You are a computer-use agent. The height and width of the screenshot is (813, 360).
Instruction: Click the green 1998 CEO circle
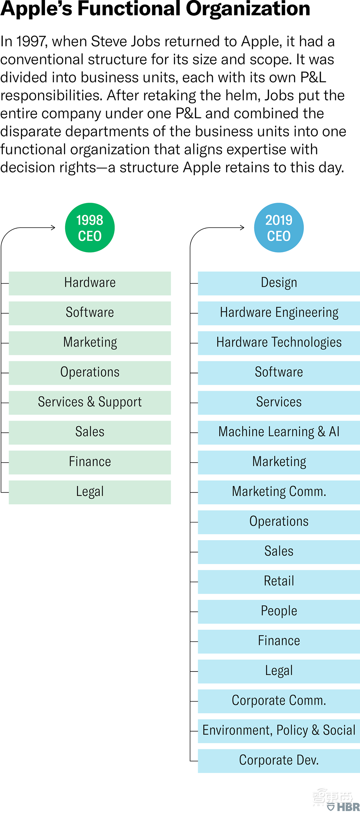click(x=90, y=228)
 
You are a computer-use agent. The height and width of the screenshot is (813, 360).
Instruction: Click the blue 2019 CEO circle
click(x=279, y=228)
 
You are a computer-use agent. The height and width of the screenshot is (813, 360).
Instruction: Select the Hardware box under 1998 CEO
click(x=90, y=283)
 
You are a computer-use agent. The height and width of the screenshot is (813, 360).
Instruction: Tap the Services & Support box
click(x=90, y=403)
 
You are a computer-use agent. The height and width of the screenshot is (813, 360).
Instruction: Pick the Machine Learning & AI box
click(x=279, y=432)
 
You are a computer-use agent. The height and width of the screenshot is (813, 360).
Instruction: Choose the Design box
click(x=279, y=283)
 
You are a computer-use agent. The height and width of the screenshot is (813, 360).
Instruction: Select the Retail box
click(x=279, y=582)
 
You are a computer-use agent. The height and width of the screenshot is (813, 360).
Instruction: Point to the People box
click(x=279, y=612)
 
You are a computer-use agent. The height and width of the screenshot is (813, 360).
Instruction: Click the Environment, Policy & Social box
click(x=279, y=731)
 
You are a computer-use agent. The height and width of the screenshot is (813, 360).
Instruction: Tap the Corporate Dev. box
click(x=279, y=761)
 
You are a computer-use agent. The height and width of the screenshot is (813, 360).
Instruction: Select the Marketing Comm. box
click(x=279, y=492)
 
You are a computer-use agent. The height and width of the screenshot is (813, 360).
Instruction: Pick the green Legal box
click(x=90, y=492)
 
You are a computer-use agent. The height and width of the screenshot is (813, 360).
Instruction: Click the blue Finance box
click(x=279, y=642)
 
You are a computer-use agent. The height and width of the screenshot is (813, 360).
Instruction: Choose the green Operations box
click(x=90, y=373)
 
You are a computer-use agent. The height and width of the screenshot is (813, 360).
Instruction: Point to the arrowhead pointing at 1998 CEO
click(x=54, y=228)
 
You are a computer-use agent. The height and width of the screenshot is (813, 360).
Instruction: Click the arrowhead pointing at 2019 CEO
click(x=243, y=228)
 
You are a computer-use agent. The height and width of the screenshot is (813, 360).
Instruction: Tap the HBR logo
click(x=344, y=807)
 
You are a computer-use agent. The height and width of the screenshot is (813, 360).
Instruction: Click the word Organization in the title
click(x=248, y=9)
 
